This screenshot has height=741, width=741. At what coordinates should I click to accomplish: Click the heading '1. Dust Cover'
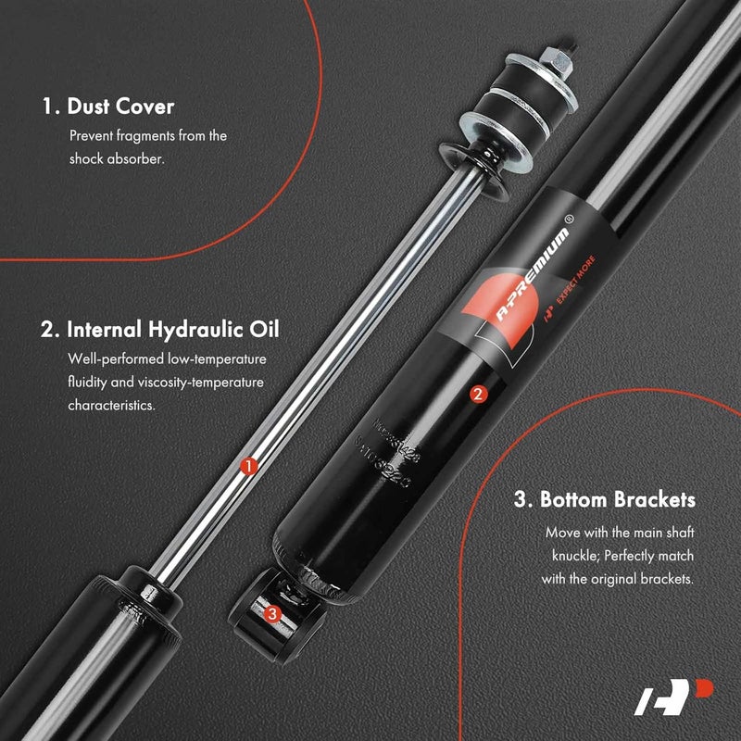click(107, 107)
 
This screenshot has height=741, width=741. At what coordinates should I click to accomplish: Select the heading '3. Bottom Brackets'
click(605, 500)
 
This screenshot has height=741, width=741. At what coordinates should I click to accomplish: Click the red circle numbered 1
click(248, 467)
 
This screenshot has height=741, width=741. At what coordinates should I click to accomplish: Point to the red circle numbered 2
click(478, 393)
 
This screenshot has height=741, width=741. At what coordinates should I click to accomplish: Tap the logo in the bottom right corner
click(663, 697)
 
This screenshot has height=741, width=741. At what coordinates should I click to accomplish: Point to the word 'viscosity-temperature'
click(205, 382)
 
